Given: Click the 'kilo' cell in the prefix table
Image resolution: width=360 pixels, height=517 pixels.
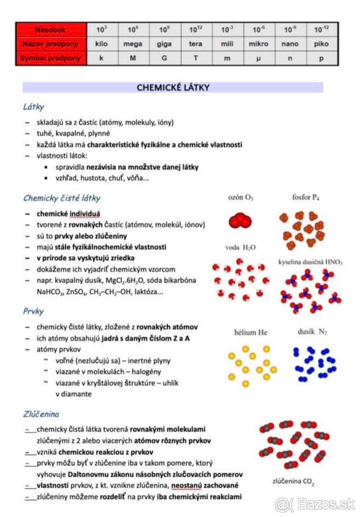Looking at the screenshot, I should (x=102, y=44).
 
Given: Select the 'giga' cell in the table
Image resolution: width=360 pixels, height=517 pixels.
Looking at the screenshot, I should (x=164, y=44).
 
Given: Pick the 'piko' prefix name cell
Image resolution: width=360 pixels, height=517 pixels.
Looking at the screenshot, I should (x=321, y=44).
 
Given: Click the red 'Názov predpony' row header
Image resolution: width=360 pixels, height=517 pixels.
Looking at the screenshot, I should (x=51, y=44).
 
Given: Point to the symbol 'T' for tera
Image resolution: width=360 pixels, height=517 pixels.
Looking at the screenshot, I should (x=196, y=58).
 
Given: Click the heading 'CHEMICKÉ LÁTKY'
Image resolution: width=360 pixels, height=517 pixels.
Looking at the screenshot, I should (x=173, y=87).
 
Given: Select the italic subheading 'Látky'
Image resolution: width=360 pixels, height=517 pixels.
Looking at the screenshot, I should (x=34, y=107).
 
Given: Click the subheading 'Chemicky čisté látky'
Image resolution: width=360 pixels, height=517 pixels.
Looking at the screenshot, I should (x=62, y=198).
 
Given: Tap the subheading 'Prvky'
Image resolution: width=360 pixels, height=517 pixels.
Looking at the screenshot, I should (x=34, y=311).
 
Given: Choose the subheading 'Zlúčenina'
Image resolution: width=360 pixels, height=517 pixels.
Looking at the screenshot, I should (x=41, y=414).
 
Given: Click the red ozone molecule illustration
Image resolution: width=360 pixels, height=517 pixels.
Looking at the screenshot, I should (x=239, y=221).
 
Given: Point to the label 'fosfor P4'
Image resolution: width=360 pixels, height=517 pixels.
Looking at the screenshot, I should (x=305, y=198).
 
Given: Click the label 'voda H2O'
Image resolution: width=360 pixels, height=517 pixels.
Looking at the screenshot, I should (x=240, y=248).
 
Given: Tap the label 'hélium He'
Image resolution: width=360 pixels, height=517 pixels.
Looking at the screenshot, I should (x=251, y=332).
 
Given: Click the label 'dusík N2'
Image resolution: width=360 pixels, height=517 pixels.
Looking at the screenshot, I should (x=312, y=332).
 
